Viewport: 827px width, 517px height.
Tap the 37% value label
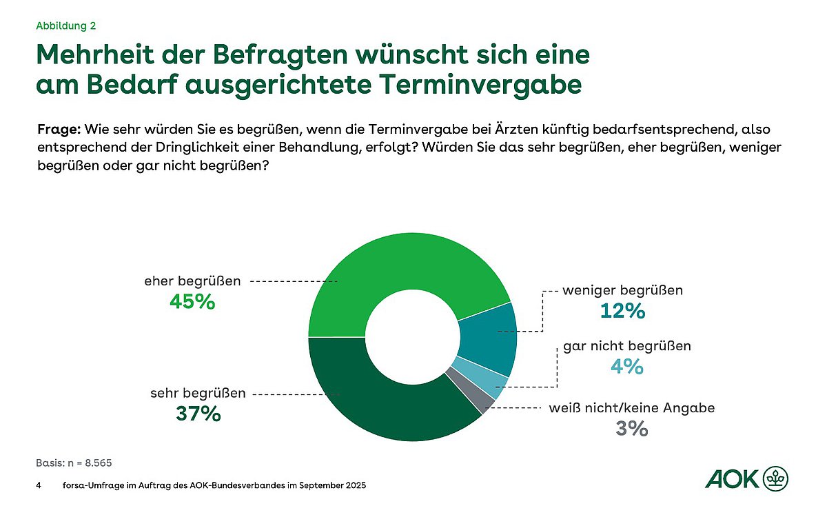point(197,414)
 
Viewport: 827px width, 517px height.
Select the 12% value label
point(622,311)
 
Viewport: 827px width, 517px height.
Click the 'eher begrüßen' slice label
point(192,281)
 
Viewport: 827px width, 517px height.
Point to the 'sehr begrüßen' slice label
point(198,394)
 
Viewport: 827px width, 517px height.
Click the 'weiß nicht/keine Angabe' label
point(631,407)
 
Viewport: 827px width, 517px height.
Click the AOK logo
point(747,477)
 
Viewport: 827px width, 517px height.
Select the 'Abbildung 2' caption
point(65,26)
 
